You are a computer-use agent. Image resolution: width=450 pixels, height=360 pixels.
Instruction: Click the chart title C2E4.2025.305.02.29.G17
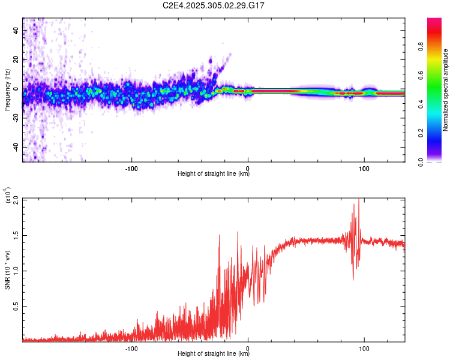(x=214, y=5)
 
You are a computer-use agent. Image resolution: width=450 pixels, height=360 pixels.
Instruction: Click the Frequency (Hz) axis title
(x=8, y=90)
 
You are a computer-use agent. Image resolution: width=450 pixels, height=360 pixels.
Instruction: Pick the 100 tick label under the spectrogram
(x=364, y=167)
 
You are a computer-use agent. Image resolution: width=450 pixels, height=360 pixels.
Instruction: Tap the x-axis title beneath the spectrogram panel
(x=214, y=174)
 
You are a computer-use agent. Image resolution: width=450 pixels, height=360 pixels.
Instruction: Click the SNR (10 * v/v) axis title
(x=8, y=270)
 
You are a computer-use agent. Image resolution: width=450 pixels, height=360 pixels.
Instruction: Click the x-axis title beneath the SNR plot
(x=214, y=354)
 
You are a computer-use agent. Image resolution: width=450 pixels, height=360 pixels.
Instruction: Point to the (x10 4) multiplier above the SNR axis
(x=8, y=196)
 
